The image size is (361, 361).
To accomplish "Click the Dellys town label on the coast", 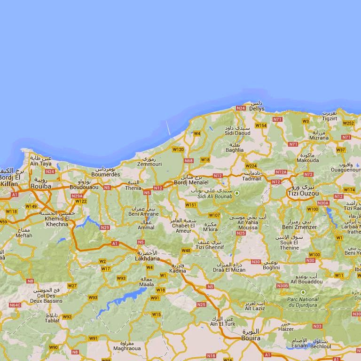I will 257,109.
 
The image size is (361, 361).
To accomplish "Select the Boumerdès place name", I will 105,174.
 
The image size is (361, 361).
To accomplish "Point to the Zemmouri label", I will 149,164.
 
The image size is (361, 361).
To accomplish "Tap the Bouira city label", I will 250,337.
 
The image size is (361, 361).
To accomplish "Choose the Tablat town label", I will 52,321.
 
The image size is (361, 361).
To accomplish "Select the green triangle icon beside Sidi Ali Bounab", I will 237,193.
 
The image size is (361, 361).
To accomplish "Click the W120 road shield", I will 178,149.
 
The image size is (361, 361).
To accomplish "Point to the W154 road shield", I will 261,126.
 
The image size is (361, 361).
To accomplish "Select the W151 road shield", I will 191,205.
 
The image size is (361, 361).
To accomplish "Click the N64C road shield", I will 15,305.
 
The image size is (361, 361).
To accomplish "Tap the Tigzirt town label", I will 330,118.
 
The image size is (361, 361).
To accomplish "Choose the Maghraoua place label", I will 124,348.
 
